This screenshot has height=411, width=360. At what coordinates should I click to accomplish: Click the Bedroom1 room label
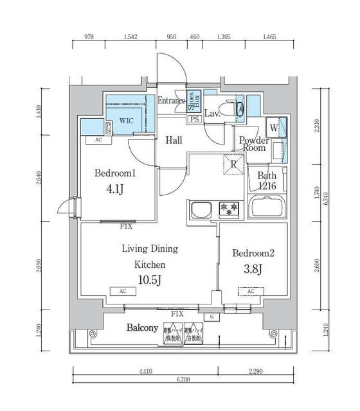(x=114, y=173)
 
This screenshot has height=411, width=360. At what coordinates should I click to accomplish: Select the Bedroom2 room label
(x=253, y=253)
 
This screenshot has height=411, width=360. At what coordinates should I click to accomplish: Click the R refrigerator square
(x=232, y=163)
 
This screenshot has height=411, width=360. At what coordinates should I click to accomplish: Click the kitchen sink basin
(x=201, y=209)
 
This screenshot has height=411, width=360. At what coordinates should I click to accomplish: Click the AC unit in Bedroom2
(x=251, y=291)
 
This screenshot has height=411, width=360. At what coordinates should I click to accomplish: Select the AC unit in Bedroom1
(x=98, y=139)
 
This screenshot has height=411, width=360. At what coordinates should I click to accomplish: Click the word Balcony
(x=143, y=328)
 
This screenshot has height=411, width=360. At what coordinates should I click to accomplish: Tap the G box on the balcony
(x=212, y=317)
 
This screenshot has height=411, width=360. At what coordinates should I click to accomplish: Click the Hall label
(x=174, y=141)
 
